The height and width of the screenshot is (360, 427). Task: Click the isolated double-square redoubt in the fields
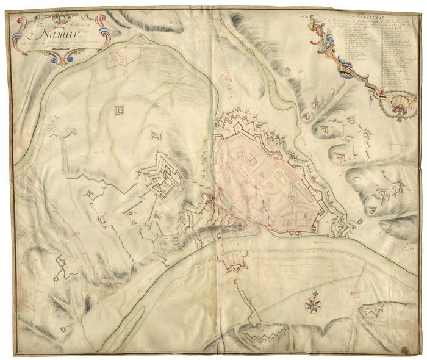point(120,110)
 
